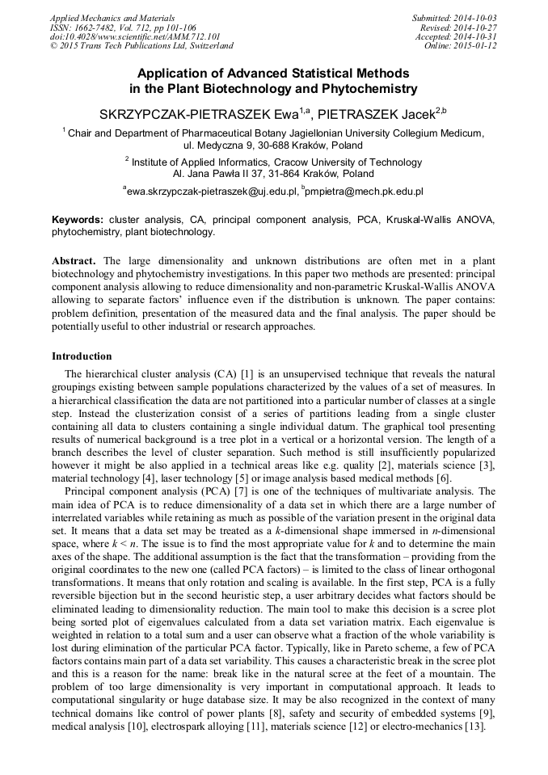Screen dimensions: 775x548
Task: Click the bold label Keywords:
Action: [x=78, y=220]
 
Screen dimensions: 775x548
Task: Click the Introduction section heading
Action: [x=82, y=356]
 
